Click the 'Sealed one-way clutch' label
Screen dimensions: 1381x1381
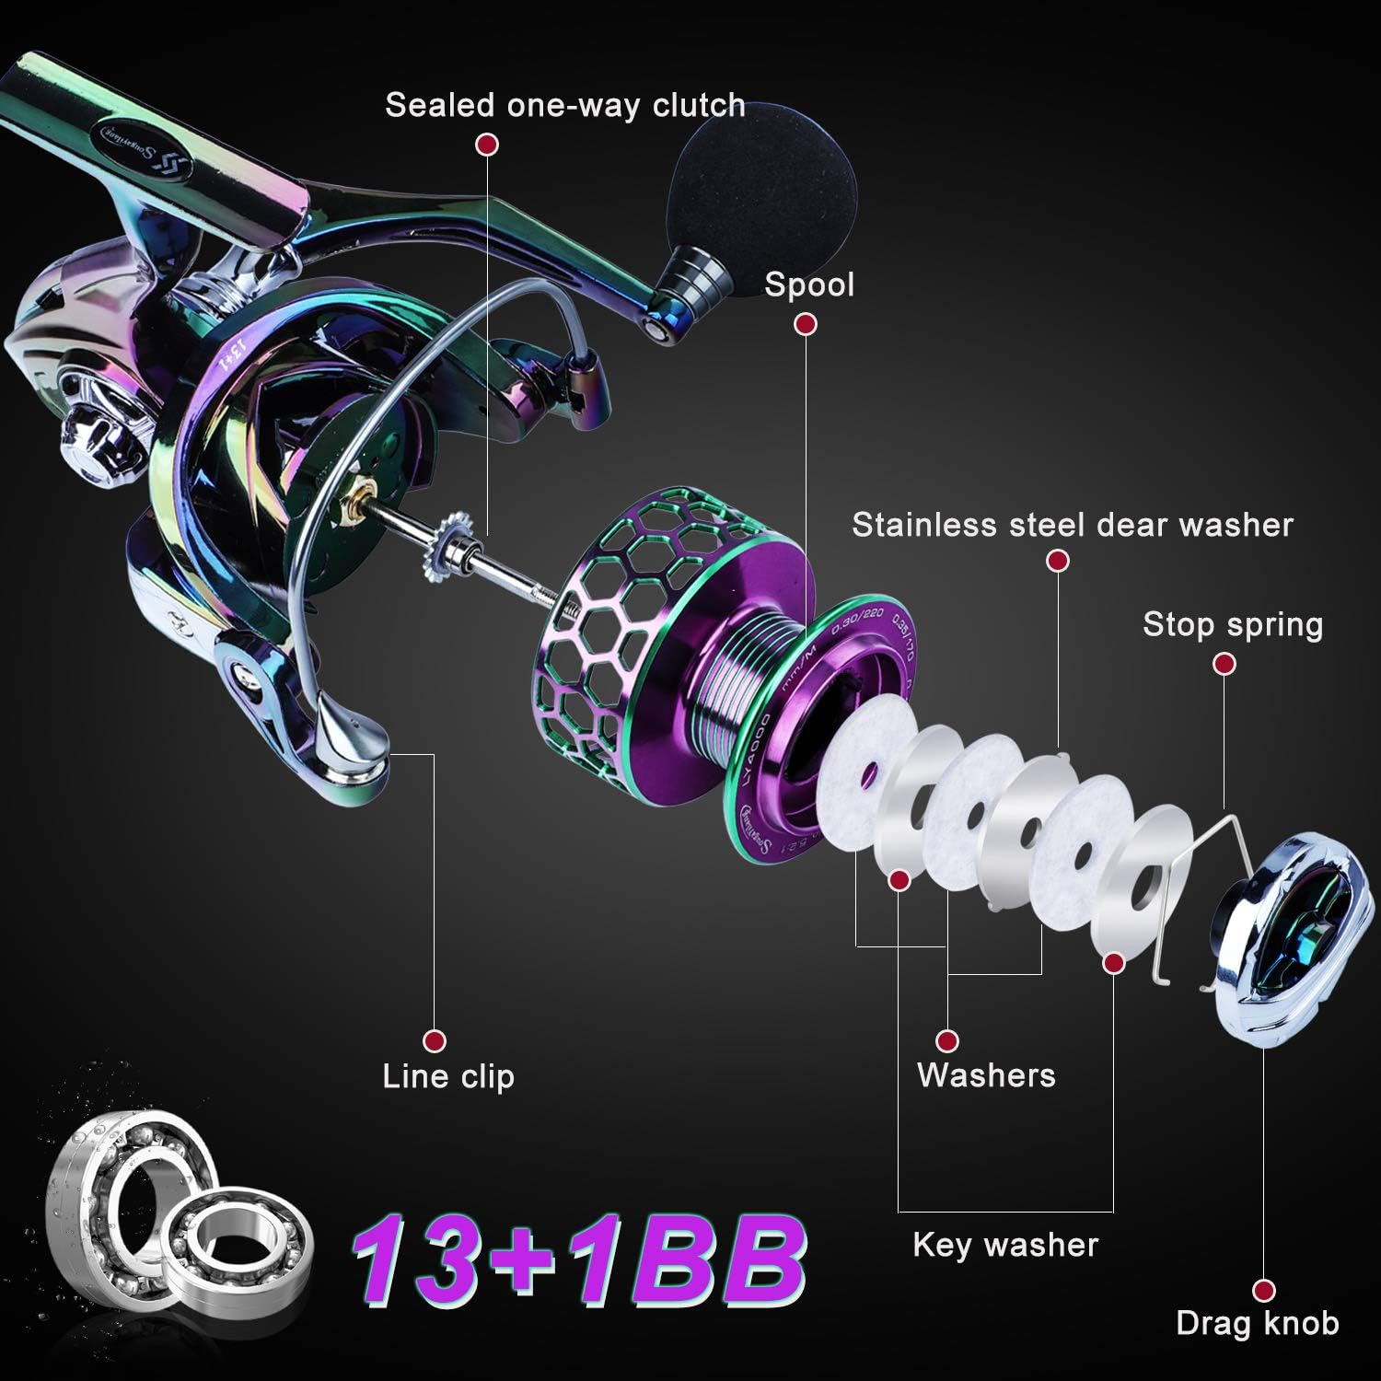(564, 105)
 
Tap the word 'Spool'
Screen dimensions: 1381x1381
(809, 284)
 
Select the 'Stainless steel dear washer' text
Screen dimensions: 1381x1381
(1073, 525)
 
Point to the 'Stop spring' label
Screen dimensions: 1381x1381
(1233, 624)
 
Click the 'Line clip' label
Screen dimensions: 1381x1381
(448, 1076)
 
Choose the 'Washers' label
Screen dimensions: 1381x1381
(986, 1075)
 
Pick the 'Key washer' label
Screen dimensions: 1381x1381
(1005, 1245)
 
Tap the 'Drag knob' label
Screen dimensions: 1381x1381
(1257, 1324)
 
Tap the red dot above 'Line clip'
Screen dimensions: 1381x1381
(435, 1041)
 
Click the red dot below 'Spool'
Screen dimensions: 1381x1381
(806, 324)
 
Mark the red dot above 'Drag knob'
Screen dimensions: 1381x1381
(1264, 1291)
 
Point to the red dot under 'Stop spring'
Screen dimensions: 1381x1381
(1224, 664)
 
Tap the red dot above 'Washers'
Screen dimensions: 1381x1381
(946, 1041)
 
